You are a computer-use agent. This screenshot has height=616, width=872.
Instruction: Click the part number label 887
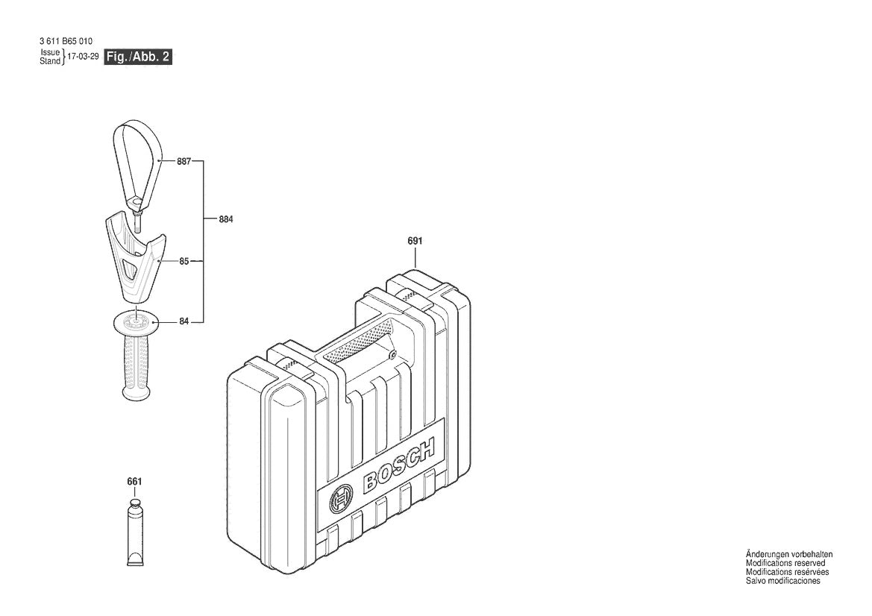point(184,161)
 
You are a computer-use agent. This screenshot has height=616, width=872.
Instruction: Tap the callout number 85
point(184,262)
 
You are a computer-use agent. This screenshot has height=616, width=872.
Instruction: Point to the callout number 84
point(184,321)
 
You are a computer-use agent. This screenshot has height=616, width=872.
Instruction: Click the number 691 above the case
point(415,241)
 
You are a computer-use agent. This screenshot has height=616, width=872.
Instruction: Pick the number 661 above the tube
point(134,482)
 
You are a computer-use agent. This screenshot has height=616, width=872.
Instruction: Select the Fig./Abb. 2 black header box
point(139,57)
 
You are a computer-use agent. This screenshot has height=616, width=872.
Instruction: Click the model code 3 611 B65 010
point(66,41)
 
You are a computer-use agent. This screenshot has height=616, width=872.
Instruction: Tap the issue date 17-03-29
point(83,57)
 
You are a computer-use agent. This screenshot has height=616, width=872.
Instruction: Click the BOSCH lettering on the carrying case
point(399,466)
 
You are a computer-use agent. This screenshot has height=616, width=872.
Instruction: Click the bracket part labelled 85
point(134,257)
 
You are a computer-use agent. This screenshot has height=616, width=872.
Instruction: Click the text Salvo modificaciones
point(782,581)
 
